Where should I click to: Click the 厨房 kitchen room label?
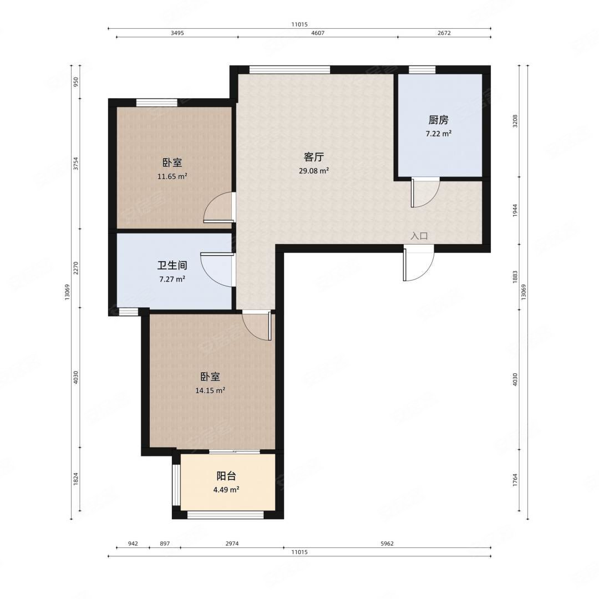pos(438,120)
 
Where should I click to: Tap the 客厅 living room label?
pos(313,157)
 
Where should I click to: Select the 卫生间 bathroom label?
pos(172,265)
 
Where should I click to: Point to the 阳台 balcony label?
pos(226,476)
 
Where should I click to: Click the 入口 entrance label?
pos(419,236)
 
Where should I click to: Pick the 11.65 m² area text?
pos(172,176)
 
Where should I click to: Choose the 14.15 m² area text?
pos(210,390)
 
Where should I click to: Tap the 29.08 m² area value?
pos(313,171)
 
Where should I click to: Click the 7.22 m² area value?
pos(439,134)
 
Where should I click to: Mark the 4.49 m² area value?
pos(226,489)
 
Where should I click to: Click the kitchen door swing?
pos(425,192)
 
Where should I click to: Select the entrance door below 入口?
pos(418,263)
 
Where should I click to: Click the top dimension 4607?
pos(318,33)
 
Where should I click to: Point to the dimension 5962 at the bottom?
pos(387,543)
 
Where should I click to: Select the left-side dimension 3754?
pos(76,164)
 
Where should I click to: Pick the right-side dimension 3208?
pos(515,121)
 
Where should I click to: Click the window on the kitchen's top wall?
pos(422,69)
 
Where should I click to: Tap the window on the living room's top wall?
pos(290,69)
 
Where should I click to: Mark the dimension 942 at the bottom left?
pos(133,543)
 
